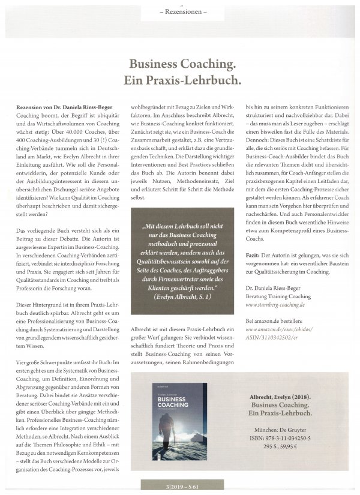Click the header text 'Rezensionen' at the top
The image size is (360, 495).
click(x=179, y=12)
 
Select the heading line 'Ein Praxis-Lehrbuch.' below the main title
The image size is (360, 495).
click(x=180, y=79)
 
